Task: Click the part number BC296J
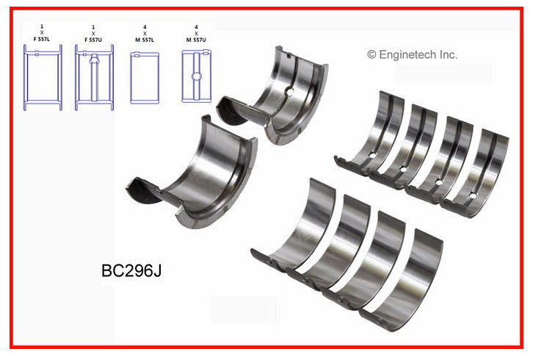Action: (x=131, y=270)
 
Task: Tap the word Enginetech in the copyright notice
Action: (x=407, y=55)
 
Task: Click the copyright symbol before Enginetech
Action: (x=371, y=54)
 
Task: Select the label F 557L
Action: (x=41, y=39)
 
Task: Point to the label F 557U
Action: (x=93, y=40)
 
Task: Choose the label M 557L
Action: (x=145, y=40)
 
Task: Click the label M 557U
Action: (x=196, y=40)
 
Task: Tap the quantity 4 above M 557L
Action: (x=145, y=27)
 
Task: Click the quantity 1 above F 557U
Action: (x=93, y=27)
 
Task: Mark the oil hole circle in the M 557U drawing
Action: (x=196, y=76)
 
